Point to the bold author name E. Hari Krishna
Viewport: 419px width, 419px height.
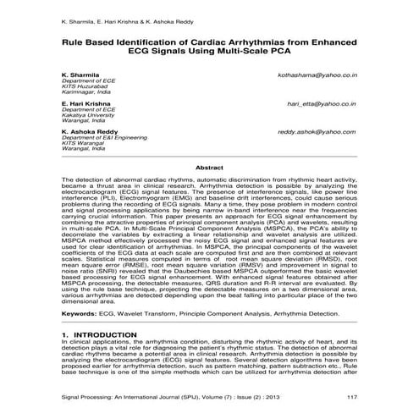pos(87,103)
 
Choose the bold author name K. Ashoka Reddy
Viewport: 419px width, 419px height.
pos(90,132)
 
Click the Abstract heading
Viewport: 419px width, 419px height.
pos(209,168)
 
